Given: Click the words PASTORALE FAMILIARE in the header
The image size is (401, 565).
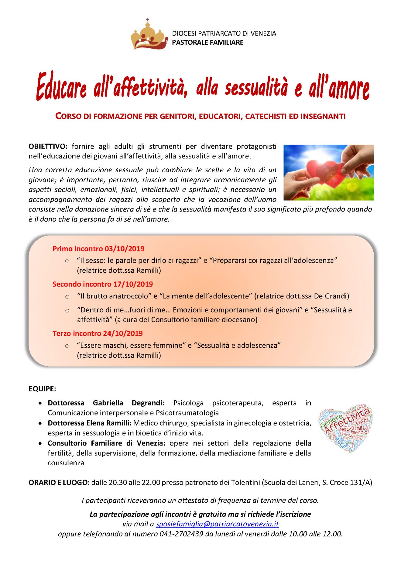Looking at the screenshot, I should point(207,43).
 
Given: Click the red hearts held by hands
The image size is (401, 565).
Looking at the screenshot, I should point(328,172).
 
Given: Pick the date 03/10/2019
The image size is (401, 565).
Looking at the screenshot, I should point(125,249).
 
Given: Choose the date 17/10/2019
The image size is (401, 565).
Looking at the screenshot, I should point(133,284).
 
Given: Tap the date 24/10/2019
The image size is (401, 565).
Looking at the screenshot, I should point(123,334).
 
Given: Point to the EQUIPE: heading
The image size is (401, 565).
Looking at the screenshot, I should point(42,389).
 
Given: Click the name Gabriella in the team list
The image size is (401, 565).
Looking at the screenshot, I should point(108,403).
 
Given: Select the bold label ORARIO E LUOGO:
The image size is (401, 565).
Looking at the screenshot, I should point(59,483).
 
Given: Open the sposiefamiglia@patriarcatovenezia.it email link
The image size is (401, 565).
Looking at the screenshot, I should point(217,524).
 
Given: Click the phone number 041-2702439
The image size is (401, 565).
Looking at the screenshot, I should point(181,534).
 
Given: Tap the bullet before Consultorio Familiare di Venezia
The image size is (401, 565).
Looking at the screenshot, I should point(40,443).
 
